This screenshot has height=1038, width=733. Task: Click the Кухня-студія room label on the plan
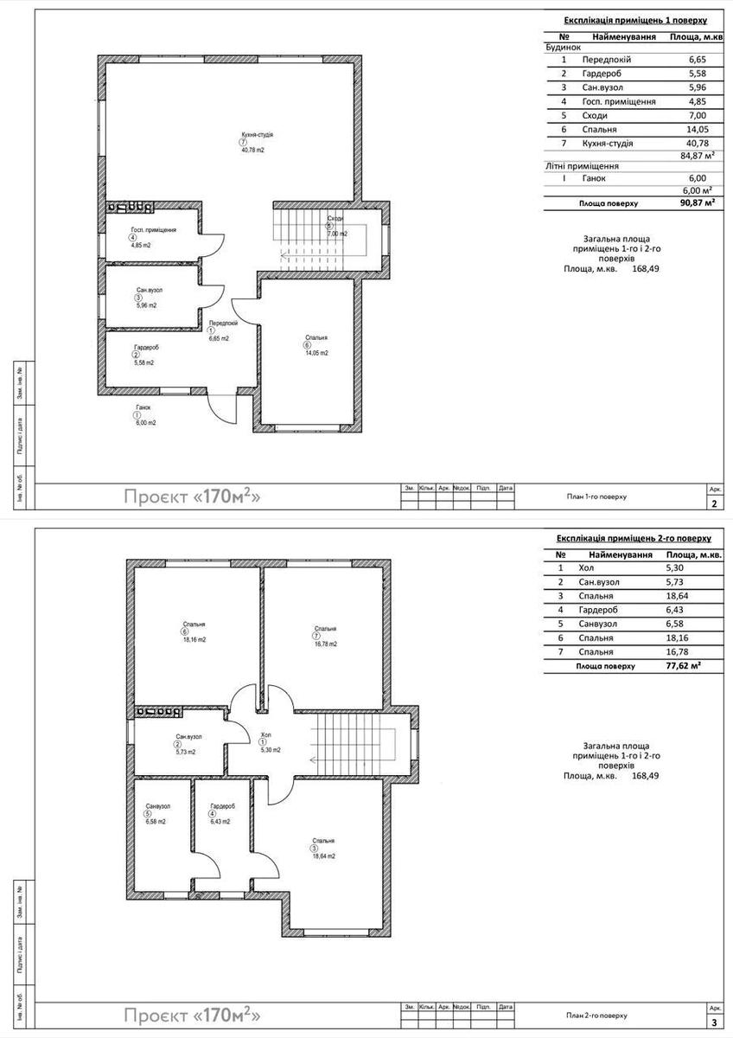pos(258,135)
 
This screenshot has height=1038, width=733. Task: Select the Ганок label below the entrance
pos(143,407)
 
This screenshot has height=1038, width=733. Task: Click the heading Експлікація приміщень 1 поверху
pos(635,19)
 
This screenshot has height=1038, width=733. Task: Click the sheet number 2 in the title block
pos(713,503)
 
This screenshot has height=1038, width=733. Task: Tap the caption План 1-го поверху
pos(596,497)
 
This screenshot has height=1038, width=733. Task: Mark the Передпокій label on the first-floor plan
pos(223,323)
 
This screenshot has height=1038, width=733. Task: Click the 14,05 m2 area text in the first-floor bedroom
pos(316,353)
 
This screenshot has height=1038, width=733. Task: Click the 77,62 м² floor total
pos(685,666)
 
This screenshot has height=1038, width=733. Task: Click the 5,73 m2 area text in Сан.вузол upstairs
pos(185,753)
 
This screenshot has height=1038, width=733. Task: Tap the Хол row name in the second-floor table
pos(588,568)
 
